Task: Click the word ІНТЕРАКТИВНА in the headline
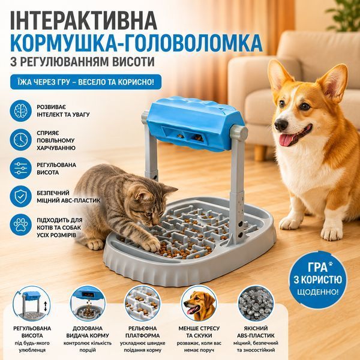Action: tap(84, 20)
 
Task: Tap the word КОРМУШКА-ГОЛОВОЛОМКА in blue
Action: tap(136, 43)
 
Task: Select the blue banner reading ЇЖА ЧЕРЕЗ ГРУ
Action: tap(86, 82)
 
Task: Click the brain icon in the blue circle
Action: tap(20, 111)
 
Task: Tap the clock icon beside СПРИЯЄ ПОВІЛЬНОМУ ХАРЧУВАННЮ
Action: tap(20, 140)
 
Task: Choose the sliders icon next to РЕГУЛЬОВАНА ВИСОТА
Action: tap(20, 168)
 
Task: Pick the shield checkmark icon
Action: tap(20, 196)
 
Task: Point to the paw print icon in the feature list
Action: tap(20, 224)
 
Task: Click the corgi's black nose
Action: tap(281, 125)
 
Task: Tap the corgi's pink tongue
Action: tap(286, 140)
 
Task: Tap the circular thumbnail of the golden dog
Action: tap(199, 303)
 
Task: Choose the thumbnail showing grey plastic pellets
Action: tap(256, 303)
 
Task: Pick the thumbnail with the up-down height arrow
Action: tap(31, 304)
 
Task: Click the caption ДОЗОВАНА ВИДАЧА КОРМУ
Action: tap(88, 332)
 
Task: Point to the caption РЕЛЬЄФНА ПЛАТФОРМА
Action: tap(142, 332)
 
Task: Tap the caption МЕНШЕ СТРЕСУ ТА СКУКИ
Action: tap(199, 332)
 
